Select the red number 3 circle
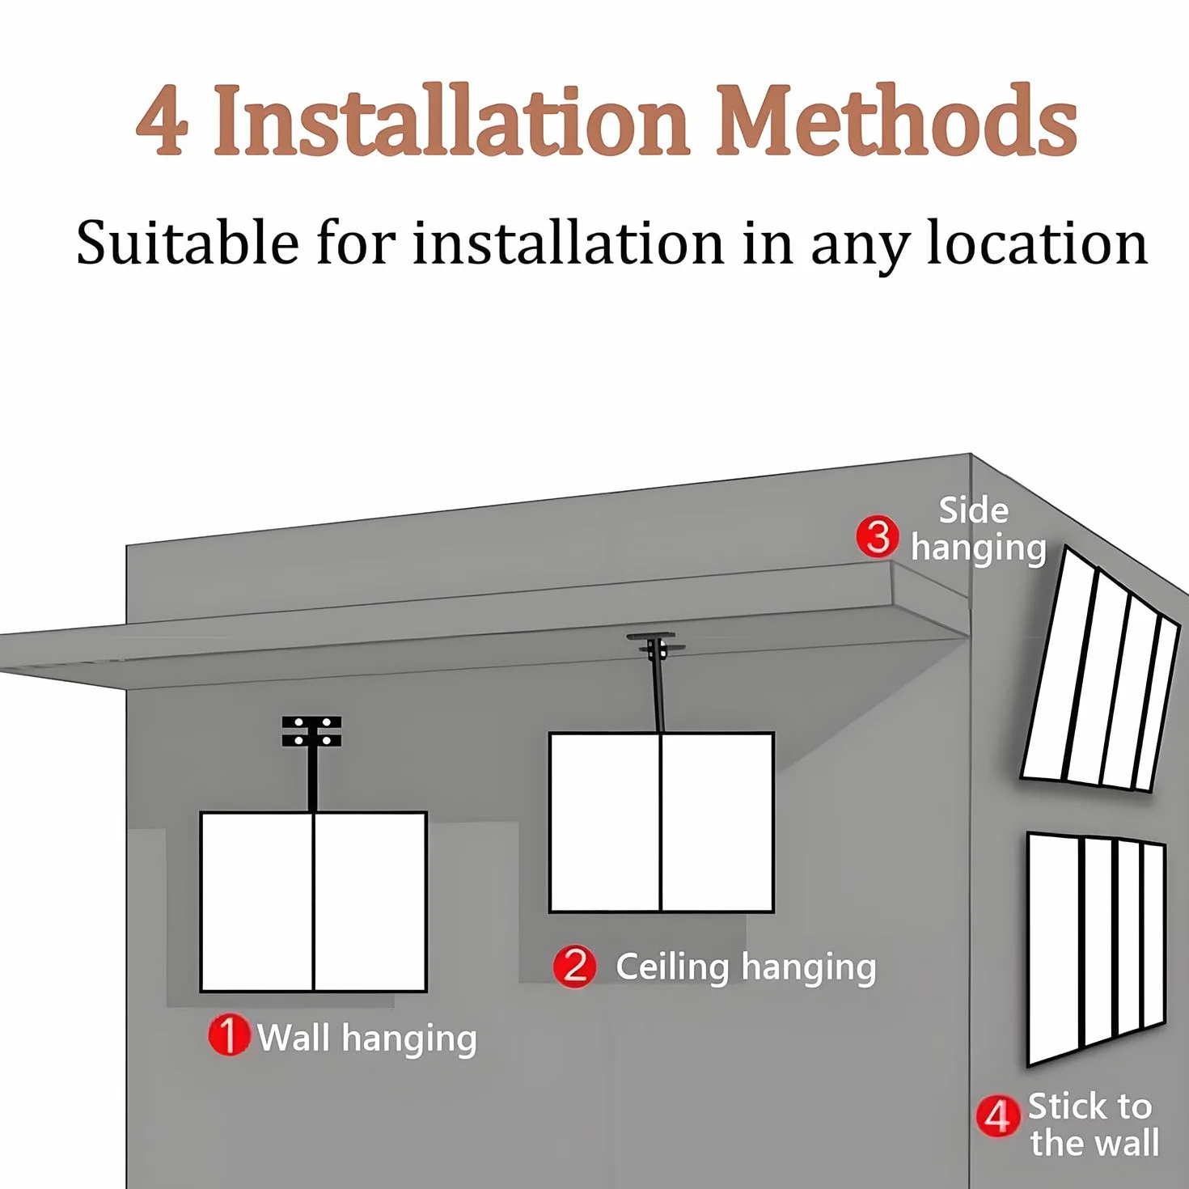[x=877, y=537]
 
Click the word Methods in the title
[x=896, y=120]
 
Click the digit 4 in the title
[x=162, y=121]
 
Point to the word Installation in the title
[x=451, y=120]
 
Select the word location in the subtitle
[x=1037, y=243]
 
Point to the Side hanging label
[x=979, y=530]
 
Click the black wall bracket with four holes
[x=311, y=731]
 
